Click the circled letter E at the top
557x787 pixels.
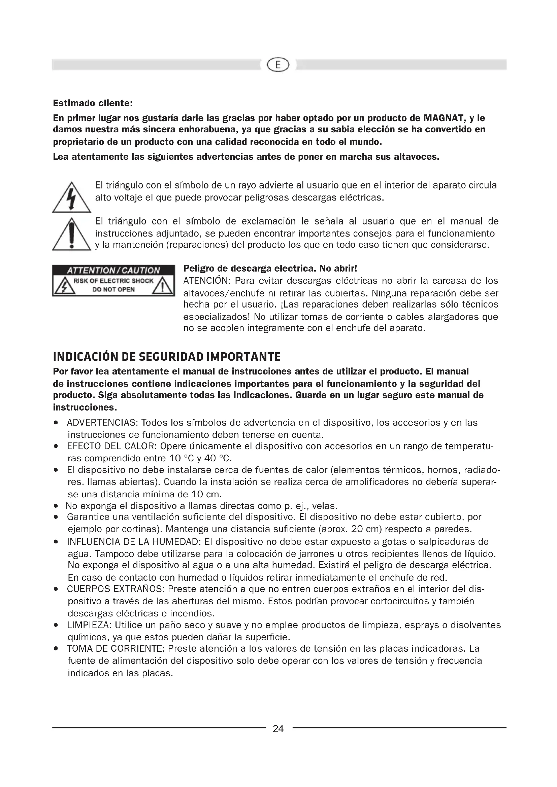(x=278, y=65)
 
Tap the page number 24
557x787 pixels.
(x=278, y=729)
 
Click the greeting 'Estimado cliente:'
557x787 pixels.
(x=93, y=103)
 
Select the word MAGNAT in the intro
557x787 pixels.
(x=444, y=118)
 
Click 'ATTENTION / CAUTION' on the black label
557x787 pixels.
(x=113, y=271)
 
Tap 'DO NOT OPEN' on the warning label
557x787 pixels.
(x=113, y=289)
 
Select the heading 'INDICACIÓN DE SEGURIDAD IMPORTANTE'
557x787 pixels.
(x=167, y=357)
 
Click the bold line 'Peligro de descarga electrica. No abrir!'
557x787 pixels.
(x=270, y=268)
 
